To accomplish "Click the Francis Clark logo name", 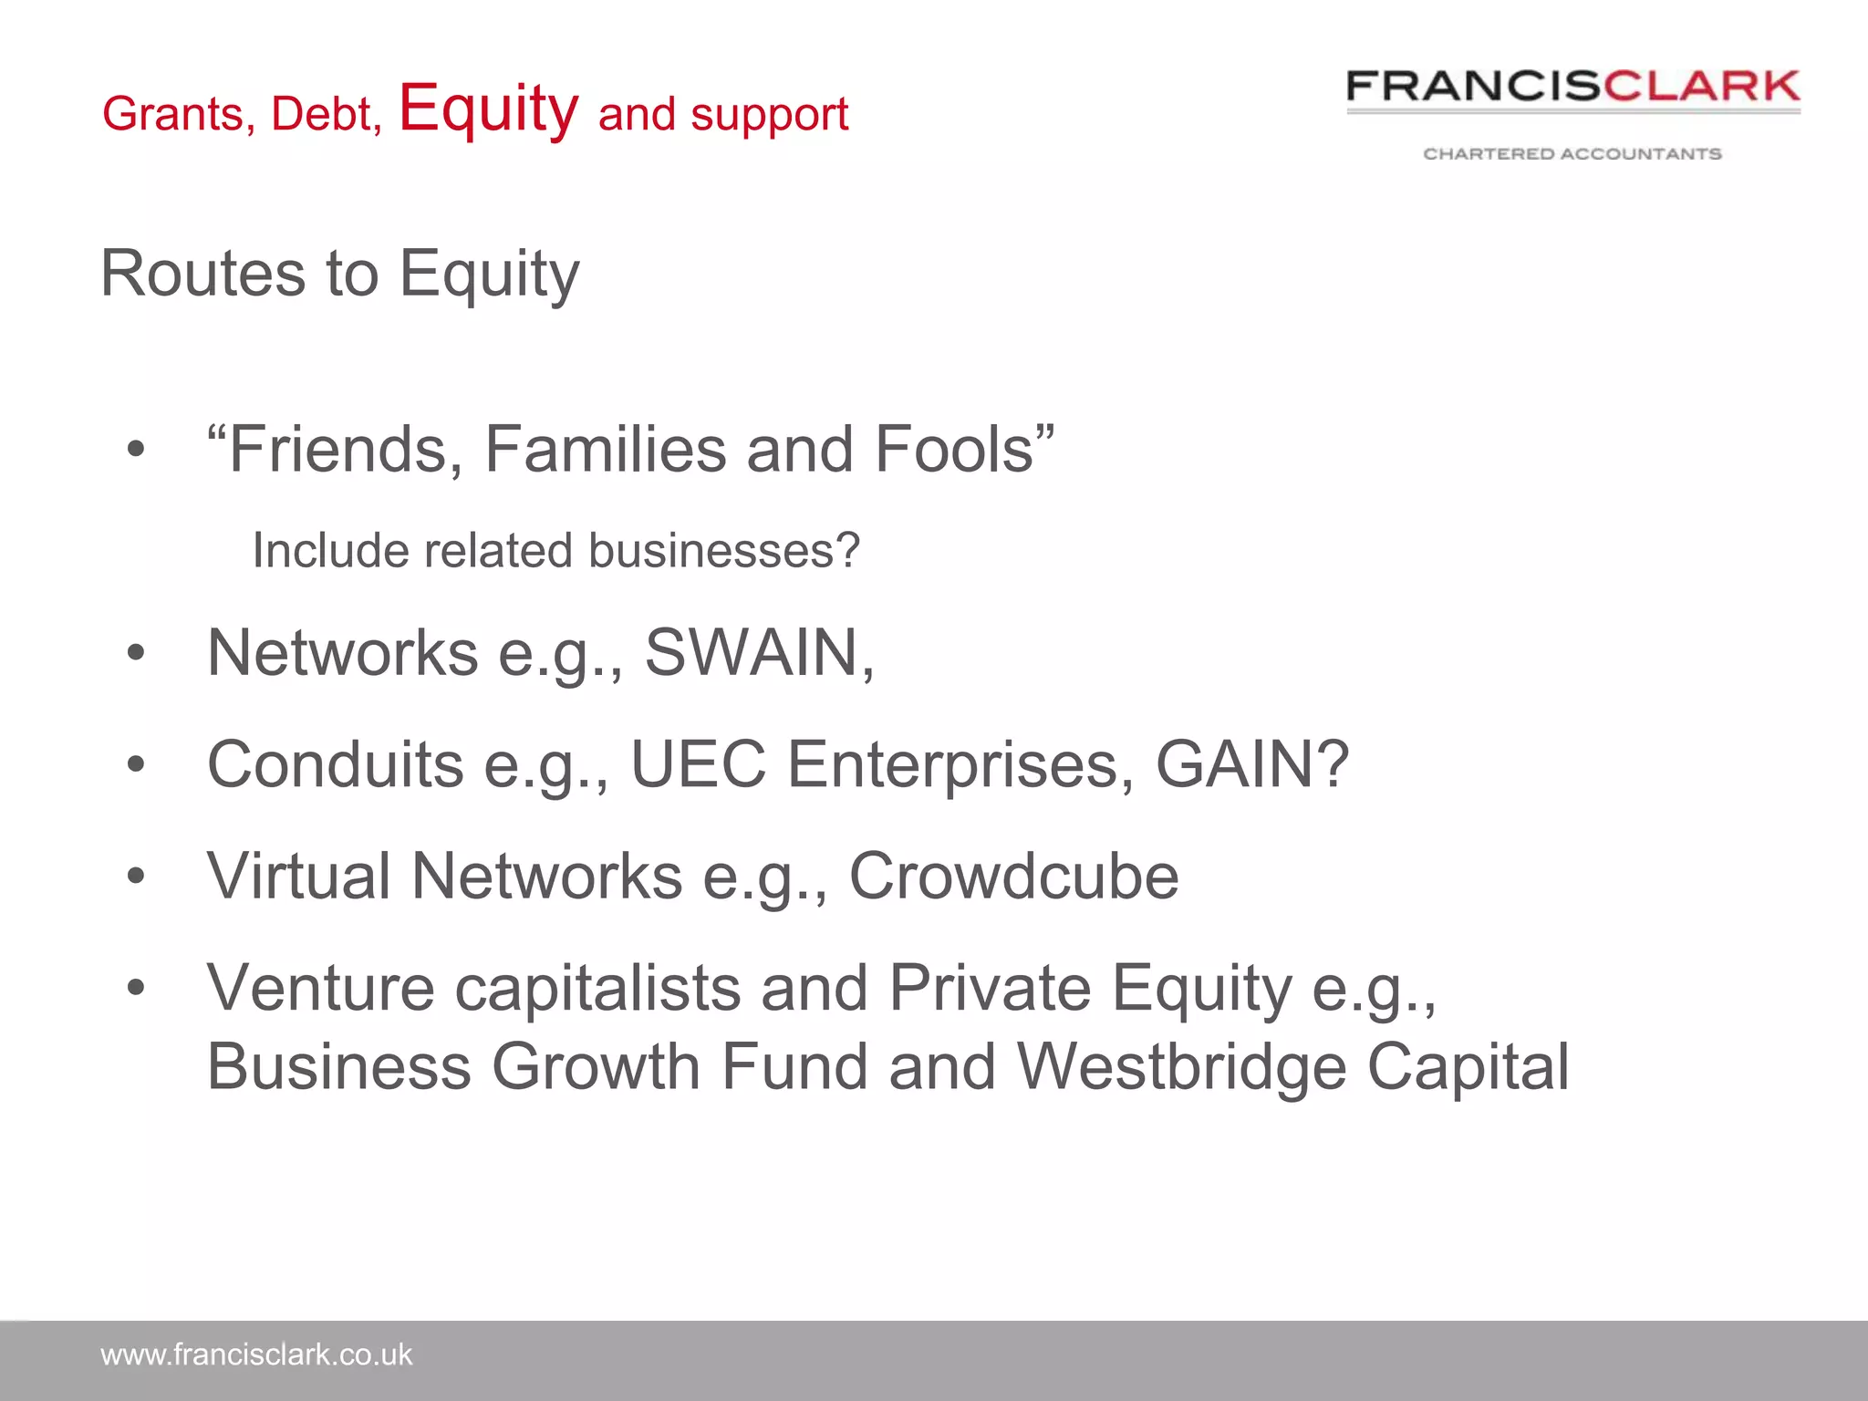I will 1572,87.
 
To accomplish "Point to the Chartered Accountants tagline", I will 1572,153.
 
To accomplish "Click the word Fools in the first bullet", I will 953,449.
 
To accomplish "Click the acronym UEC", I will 698,764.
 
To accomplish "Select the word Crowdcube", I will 1013,877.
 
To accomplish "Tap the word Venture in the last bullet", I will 321,988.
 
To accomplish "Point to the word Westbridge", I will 1181,1066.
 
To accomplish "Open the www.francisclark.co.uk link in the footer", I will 256,1355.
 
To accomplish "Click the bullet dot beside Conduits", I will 136,764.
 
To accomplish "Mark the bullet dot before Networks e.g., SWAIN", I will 136,653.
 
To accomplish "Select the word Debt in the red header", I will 325,115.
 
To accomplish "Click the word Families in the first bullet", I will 605,449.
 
